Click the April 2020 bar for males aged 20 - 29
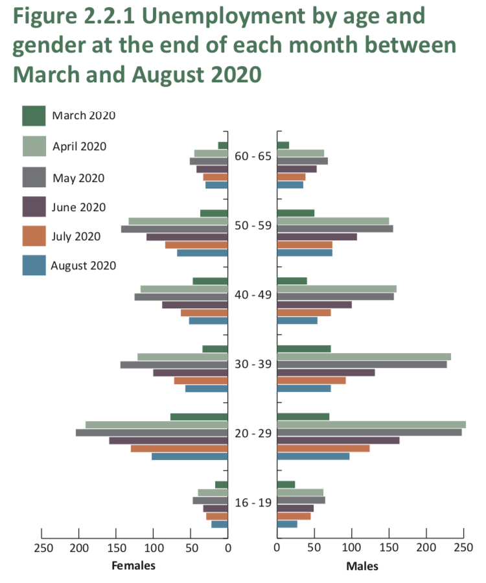371,424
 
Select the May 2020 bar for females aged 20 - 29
152,433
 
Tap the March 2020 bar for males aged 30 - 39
304,349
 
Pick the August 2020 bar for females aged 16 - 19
220,524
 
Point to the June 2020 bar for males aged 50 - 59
317,237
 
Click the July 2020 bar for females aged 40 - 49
204,313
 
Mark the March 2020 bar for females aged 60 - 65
223,145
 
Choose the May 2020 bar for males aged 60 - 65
303,161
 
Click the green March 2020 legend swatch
34,116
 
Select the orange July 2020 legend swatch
34,236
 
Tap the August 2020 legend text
84,266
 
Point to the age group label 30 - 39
253,364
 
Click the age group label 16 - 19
253,503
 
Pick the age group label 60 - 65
253,156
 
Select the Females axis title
133,566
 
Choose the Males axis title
362,566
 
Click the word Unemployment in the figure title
224,17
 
